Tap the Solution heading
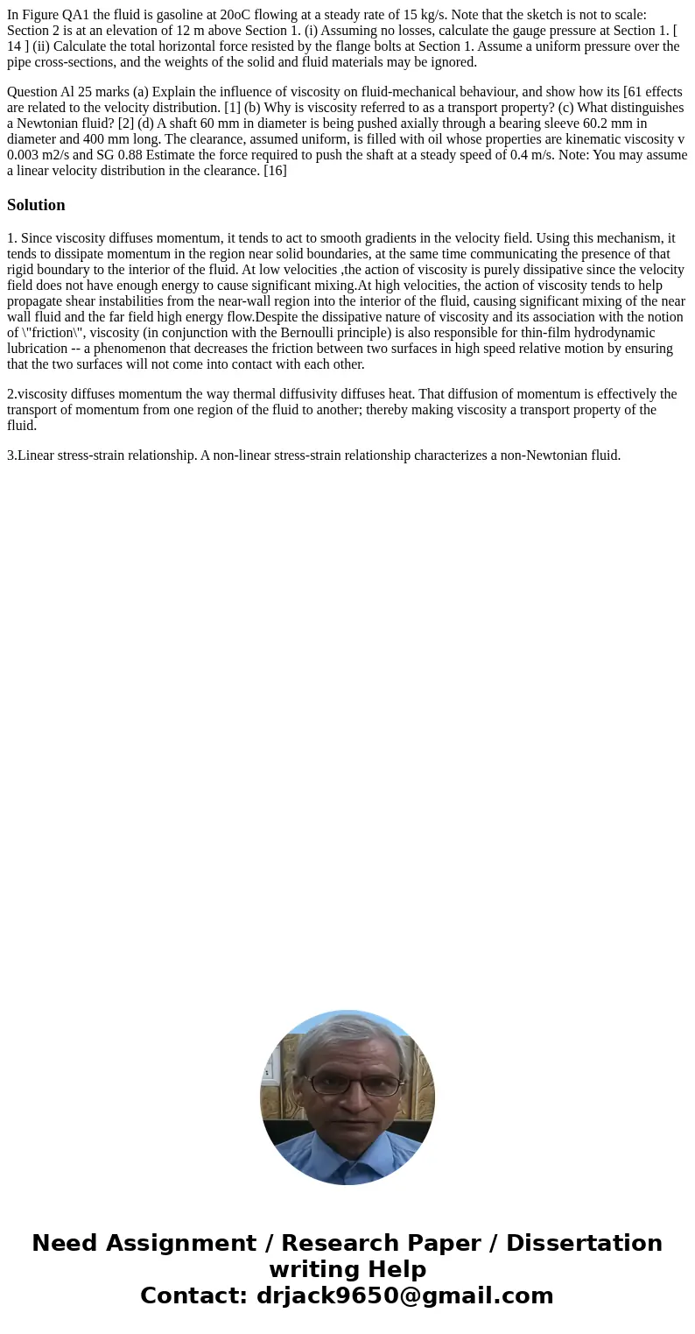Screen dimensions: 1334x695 tap(36, 205)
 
